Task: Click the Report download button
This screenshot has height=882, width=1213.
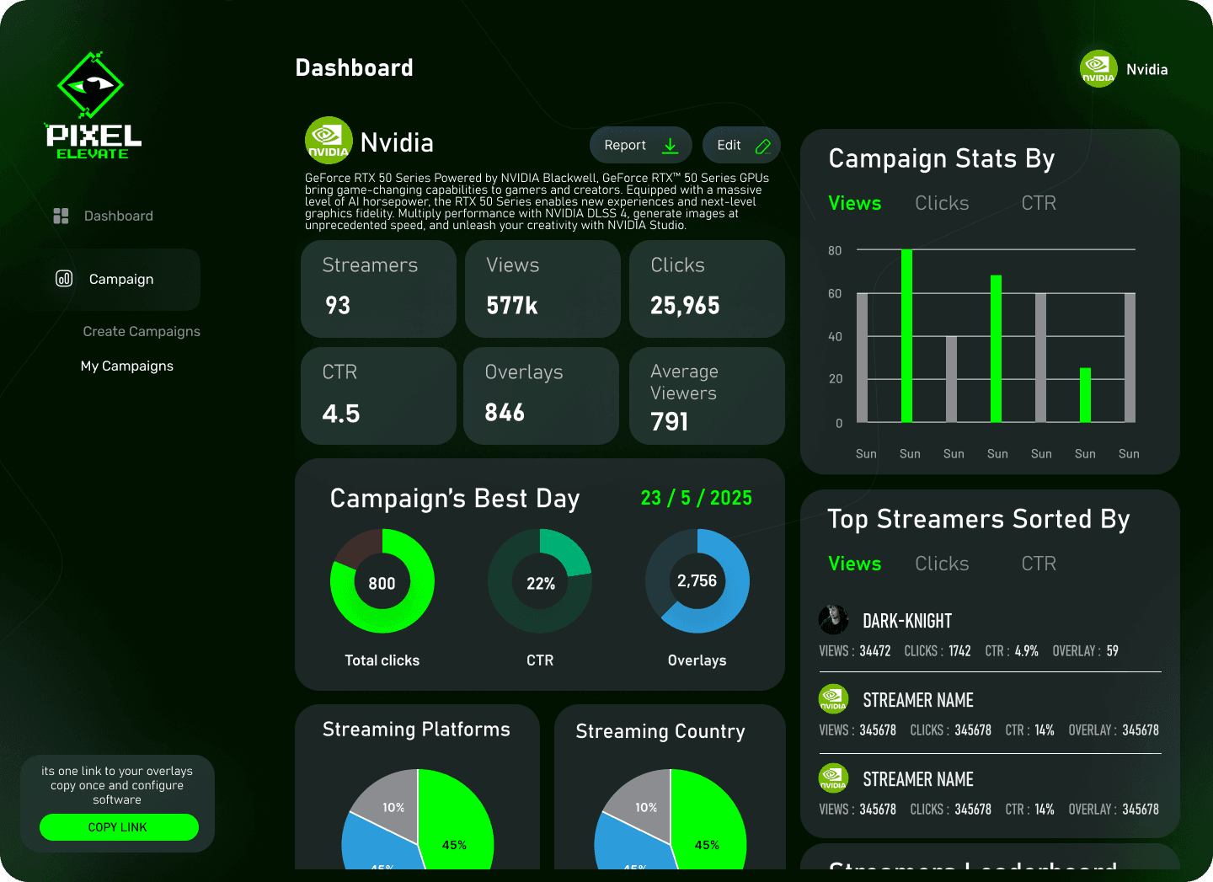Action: coord(640,145)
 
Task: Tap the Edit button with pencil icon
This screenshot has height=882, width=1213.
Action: coord(741,145)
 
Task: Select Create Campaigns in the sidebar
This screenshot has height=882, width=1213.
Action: coord(142,331)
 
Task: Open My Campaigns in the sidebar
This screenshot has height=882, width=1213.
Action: coord(127,366)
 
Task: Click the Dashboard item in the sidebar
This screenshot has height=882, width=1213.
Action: coord(118,216)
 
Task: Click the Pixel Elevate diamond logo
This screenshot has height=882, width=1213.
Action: coord(90,85)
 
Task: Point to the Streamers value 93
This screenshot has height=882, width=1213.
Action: coord(338,305)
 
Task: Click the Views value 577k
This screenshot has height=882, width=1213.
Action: coord(512,305)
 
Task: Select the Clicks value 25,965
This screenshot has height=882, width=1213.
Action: coord(685,305)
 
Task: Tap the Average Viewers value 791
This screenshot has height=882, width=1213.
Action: coord(670,421)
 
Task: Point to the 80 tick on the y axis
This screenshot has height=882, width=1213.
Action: coord(835,250)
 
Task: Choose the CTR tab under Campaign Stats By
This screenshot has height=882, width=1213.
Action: coord(1039,203)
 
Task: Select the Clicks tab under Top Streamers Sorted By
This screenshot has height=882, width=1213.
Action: coord(942,564)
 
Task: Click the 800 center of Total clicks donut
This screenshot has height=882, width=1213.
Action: coord(382,583)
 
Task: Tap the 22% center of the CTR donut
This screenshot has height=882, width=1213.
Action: coord(540,583)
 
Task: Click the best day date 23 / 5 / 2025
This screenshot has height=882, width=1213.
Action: coord(696,498)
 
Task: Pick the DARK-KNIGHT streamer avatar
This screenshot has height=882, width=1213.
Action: coord(834,619)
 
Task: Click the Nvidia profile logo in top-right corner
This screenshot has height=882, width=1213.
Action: coord(1098,69)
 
